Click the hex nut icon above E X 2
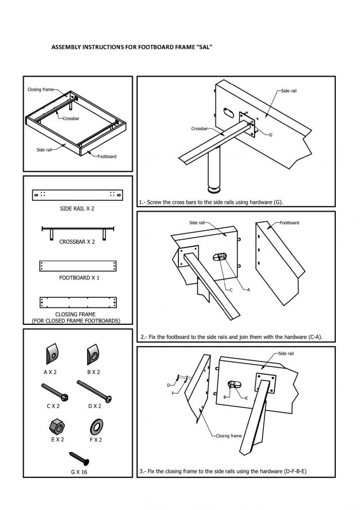(x=51, y=425)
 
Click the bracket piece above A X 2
(x=50, y=353)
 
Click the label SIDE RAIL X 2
(x=77, y=208)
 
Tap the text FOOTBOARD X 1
(x=78, y=278)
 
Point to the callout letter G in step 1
(x=271, y=135)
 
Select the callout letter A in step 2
(x=248, y=289)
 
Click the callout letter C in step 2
(x=231, y=289)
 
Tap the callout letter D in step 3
(x=168, y=385)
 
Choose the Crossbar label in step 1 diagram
(x=200, y=129)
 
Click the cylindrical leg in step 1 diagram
(x=214, y=172)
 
